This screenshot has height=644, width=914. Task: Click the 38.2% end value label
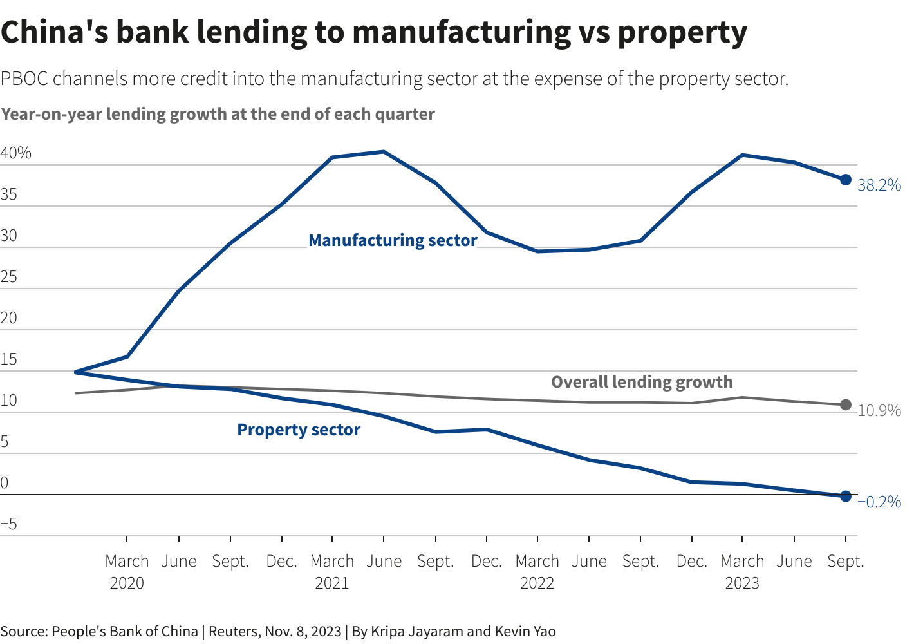879,185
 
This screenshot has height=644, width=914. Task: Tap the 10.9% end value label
879,411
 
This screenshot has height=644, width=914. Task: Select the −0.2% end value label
879,502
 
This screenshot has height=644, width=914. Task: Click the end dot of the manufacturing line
846,180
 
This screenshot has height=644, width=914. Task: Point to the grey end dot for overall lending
846,405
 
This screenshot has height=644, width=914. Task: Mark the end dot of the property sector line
846,497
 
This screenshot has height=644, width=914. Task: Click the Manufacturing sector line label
393,240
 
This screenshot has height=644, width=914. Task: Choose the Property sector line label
299,430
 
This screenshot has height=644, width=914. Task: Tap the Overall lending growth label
642,382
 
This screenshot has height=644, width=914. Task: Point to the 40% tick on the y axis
16,153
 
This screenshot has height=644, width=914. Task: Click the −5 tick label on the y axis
9,524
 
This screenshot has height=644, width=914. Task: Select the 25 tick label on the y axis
9,277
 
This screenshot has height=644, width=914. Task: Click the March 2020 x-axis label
127,572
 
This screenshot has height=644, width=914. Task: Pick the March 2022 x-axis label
537,572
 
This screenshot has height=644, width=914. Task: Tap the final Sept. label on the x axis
845,562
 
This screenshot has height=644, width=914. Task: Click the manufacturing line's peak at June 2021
384,152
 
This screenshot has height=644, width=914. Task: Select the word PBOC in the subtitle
24,79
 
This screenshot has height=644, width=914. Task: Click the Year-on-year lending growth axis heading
218,115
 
